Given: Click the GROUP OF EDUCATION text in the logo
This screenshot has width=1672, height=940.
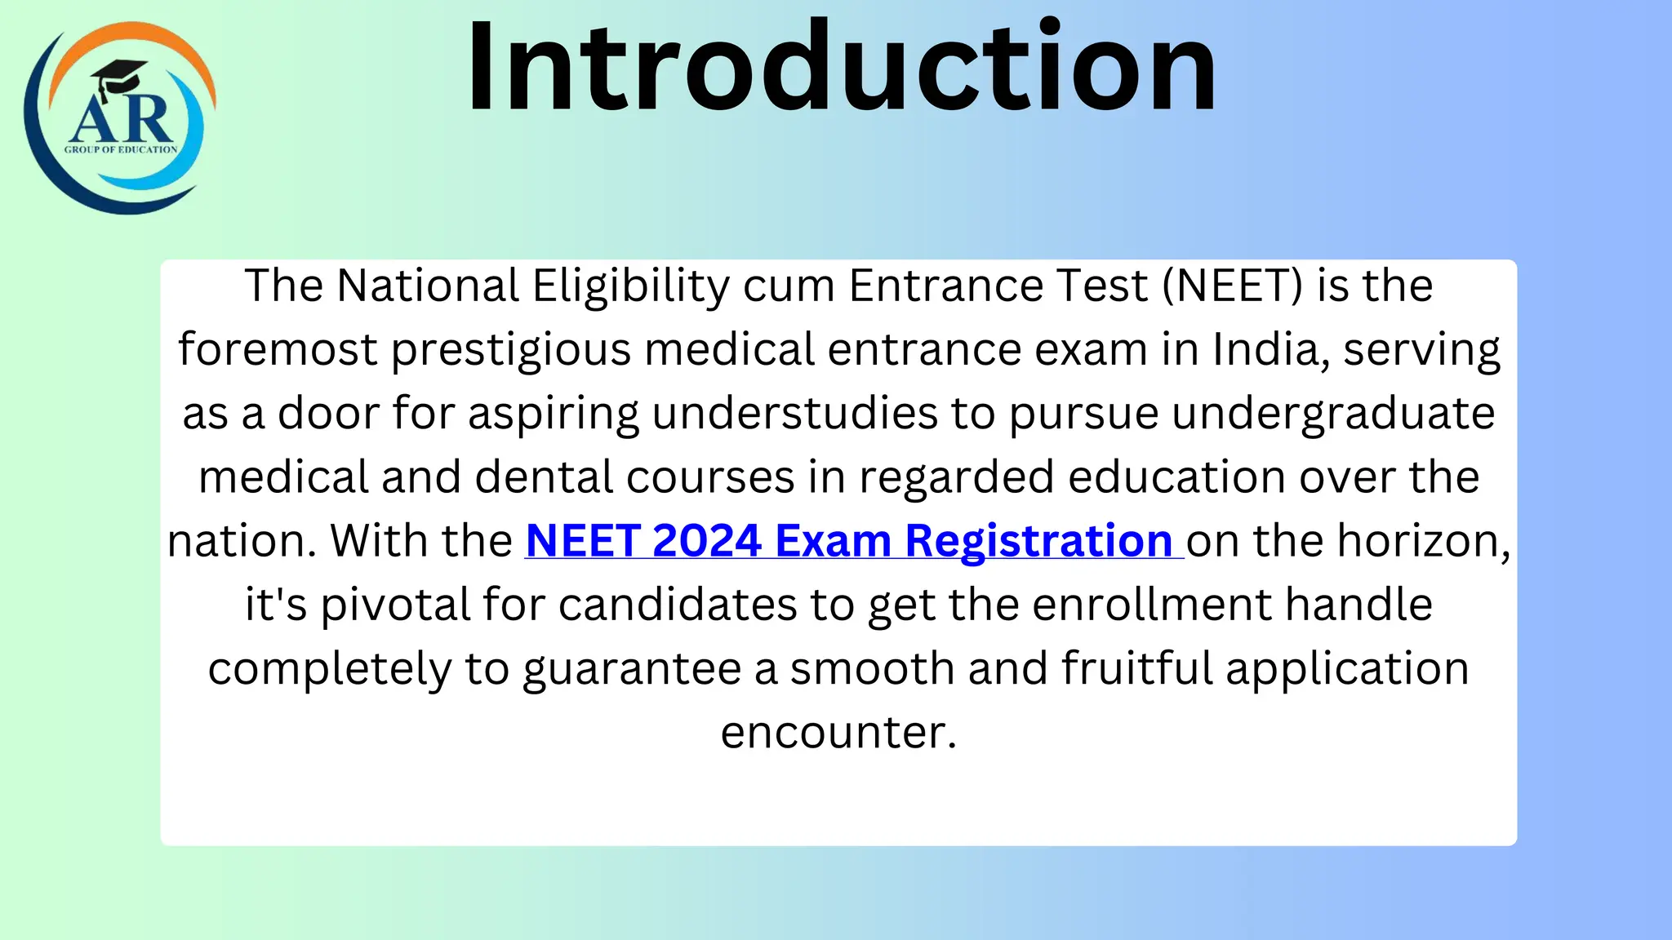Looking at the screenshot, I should tap(121, 149).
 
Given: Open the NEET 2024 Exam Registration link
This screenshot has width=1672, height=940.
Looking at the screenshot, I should tap(849, 540).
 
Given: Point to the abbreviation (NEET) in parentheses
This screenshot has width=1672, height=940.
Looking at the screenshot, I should tap(1232, 286).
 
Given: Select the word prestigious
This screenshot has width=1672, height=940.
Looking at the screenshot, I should tap(511, 350).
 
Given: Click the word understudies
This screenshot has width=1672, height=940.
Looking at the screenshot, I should tap(794, 413).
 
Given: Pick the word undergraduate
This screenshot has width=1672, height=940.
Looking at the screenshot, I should tap(1333, 414).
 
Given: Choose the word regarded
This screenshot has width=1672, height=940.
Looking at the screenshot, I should tap(956, 477).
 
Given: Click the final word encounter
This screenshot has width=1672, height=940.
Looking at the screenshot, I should tap(838, 732).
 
